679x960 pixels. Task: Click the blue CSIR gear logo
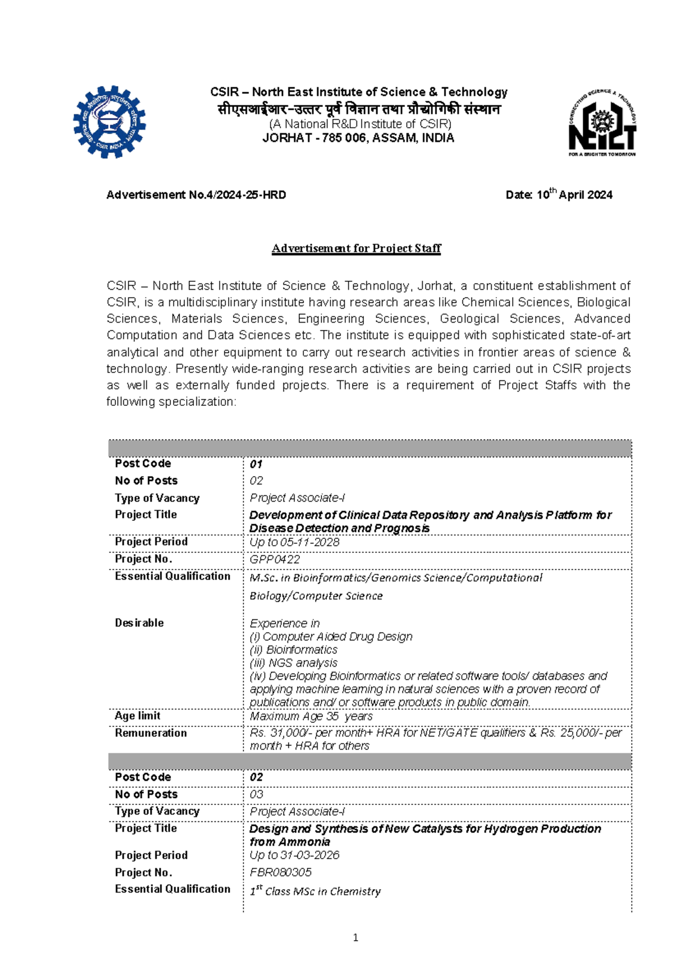pos(109,122)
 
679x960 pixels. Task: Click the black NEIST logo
pos(602,122)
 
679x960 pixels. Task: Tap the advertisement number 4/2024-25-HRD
pos(196,195)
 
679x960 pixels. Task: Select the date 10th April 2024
pos(558,195)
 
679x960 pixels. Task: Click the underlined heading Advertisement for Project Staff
pos(356,248)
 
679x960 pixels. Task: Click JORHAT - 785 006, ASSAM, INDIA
pos(358,138)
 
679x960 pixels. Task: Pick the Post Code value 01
pos(256,464)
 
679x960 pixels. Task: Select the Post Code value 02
pos(256,777)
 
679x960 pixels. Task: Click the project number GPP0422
pos(274,559)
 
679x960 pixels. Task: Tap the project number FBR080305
pos(280,872)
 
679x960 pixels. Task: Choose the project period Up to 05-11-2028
pos(294,542)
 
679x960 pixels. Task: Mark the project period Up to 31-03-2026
pos(294,855)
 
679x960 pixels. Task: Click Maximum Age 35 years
pos(311,716)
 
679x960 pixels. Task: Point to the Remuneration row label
pos(151,733)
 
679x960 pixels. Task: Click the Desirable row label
pos(139,623)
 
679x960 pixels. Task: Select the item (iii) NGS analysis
pos(293,663)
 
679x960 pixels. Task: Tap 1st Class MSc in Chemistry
pos(315,891)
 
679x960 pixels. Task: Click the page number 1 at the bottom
pos(355,938)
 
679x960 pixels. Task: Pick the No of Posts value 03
pos(256,794)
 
